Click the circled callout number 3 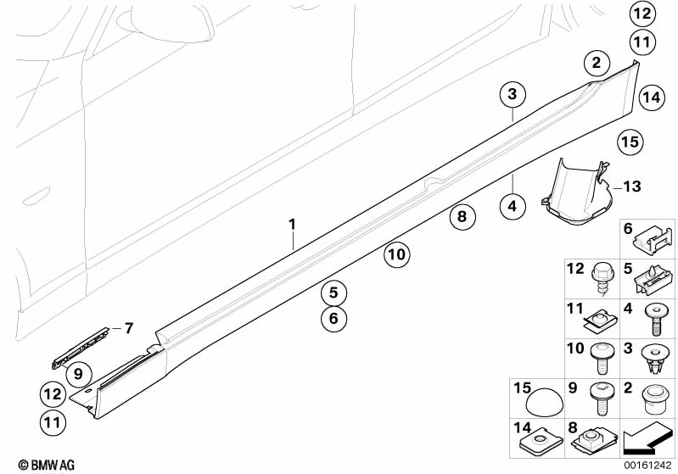point(513,94)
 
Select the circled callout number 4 point(513,206)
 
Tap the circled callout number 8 point(462,216)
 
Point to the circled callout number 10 point(396,254)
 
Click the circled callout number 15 point(630,142)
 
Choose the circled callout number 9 point(78,373)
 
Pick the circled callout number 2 point(597,63)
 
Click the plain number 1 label point(292,225)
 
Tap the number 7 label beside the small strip point(128,328)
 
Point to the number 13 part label point(631,187)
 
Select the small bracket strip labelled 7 point(81,348)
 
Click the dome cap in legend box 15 point(545,404)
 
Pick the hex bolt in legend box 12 point(601,279)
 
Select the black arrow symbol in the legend point(647,439)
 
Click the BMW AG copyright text point(47,465)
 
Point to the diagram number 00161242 point(647,466)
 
